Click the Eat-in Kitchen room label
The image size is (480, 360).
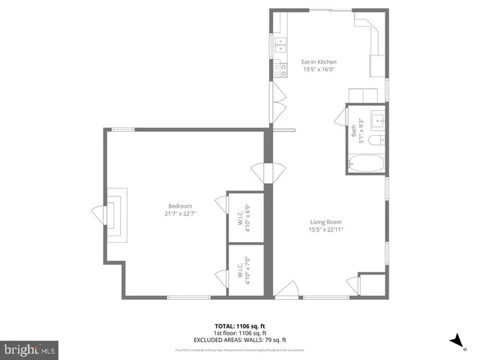pyautogui.click(x=319, y=61)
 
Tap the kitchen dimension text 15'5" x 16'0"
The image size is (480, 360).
pyautogui.click(x=319, y=70)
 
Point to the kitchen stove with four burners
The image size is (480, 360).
pyautogui.click(x=281, y=70)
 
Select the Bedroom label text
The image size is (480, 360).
pyautogui.click(x=179, y=206)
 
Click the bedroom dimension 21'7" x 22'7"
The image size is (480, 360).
pyautogui.click(x=179, y=214)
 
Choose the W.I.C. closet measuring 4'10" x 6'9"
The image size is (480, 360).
pyautogui.click(x=245, y=217)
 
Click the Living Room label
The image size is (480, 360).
pyautogui.click(x=326, y=221)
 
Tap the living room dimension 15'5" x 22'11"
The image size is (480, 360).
pyautogui.click(x=326, y=229)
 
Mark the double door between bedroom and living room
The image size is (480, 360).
pyautogui.click(x=268, y=172)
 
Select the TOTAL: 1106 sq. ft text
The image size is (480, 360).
pyautogui.click(x=239, y=326)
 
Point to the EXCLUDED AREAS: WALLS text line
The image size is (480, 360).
pyautogui.click(x=239, y=340)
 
